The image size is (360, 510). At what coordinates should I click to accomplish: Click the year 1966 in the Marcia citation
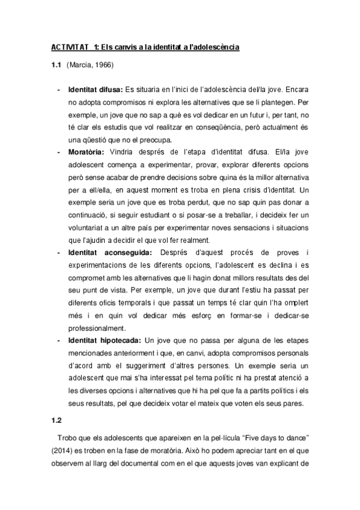point(102,64)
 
